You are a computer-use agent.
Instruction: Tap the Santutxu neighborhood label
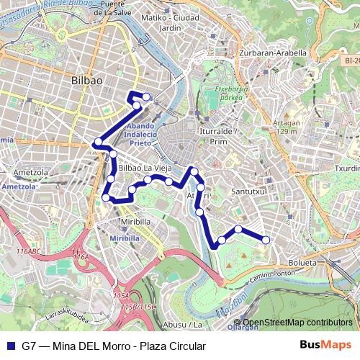click(249, 192)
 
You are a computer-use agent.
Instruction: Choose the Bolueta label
click(302, 263)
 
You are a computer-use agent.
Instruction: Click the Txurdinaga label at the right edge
click(348, 169)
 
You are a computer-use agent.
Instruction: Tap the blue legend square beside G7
click(9, 346)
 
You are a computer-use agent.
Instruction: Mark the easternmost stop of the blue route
click(266, 240)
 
